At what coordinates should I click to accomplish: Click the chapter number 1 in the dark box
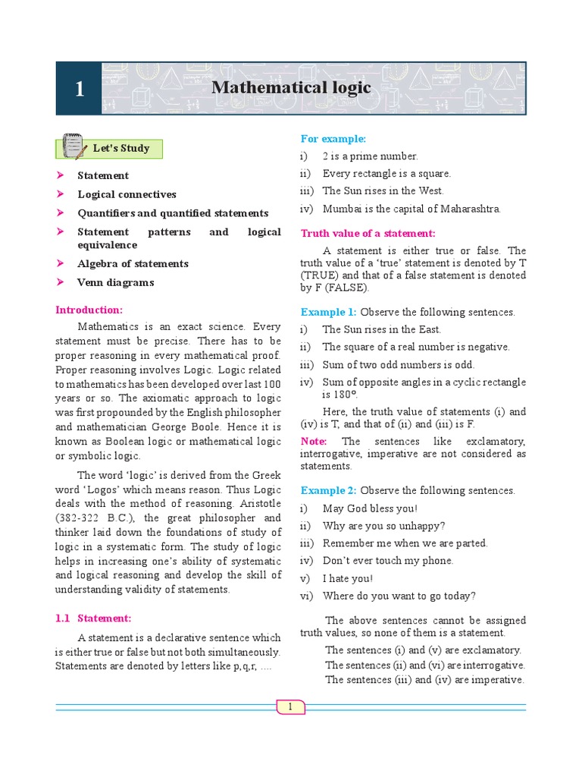coord(80,90)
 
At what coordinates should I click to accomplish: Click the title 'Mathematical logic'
coord(292,88)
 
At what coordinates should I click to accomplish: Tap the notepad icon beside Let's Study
coord(73,146)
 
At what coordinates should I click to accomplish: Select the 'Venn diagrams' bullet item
coord(115,282)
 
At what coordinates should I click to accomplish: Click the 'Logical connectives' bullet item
coord(127,194)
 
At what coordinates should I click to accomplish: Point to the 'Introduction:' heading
coord(89,310)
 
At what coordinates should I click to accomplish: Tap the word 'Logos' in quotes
coord(106,489)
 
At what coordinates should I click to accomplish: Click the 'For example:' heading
coord(333,139)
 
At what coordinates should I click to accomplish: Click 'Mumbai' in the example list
coord(341,209)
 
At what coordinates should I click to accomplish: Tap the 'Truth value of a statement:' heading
coord(368,233)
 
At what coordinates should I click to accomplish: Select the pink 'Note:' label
coord(314,441)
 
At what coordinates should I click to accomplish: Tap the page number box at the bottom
coord(289,707)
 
